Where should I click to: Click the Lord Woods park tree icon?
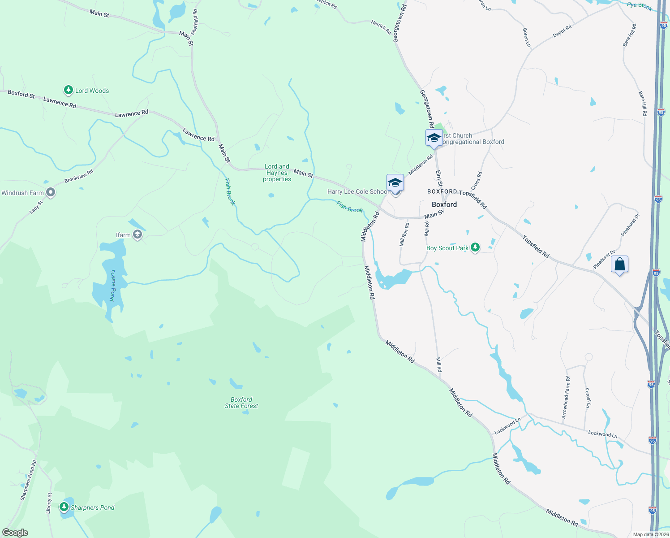point(68,91)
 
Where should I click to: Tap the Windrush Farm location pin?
point(51,193)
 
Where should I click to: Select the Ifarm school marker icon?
point(137,235)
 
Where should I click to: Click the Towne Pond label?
point(113,285)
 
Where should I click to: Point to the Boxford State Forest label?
point(241,403)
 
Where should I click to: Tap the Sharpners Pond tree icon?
point(64,507)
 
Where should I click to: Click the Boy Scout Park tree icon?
point(475,247)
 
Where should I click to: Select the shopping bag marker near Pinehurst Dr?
point(619,265)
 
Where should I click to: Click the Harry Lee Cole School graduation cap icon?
point(395,183)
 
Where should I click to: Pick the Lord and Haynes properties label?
point(277,173)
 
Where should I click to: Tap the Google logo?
point(15,533)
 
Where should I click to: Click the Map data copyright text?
point(650,534)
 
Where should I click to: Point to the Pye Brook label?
point(640,6)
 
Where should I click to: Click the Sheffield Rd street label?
point(194,22)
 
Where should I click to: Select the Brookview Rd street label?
point(79,176)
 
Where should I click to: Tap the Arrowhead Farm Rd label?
point(566,397)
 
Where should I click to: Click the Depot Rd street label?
point(562,31)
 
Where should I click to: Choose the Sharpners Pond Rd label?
point(28,480)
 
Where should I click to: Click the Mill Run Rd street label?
point(404,234)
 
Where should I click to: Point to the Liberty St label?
point(49,503)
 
